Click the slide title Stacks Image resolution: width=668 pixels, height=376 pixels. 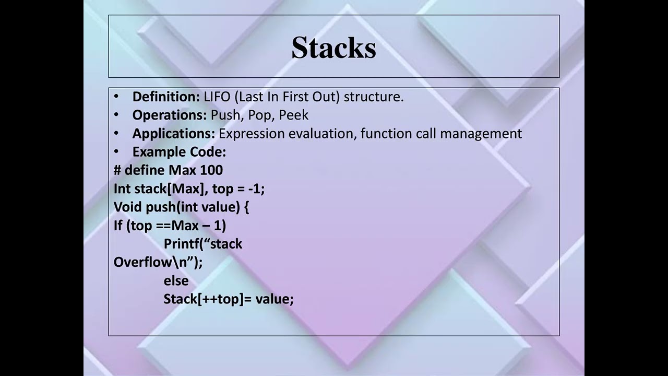tap(333, 48)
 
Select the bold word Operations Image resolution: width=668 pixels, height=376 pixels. tap(170, 115)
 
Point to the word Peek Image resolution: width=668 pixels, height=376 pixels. tap(294, 115)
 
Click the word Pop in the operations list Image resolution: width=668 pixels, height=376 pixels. tap(260, 115)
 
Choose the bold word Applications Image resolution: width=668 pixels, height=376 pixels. tap(173, 134)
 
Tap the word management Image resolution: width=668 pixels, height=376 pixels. tap(481, 134)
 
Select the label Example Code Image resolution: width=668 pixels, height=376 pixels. tap(179, 152)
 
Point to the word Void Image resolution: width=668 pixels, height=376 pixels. tap(128, 207)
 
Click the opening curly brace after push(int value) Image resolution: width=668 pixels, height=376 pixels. tap(246, 207)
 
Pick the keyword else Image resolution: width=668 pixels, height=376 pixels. tap(176, 281)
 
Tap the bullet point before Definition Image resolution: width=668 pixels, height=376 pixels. tap(116, 97)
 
